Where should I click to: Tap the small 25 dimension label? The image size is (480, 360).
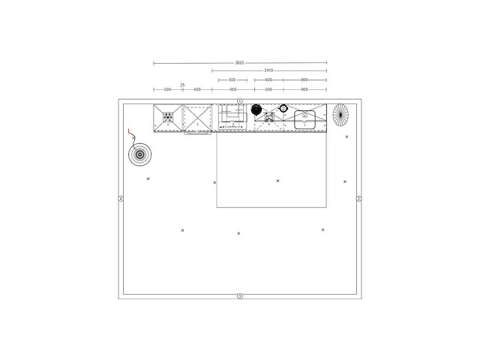pyautogui.click(x=182, y=85)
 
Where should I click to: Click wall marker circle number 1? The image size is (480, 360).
pyautogui.click(x=240, y=100)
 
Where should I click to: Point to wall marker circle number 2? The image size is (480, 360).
pyautogui.click(x=358, y=199)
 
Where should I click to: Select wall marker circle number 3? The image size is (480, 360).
pyautogui.click(x=240, y=296)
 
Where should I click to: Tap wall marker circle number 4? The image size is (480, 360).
pyautogui.click(x=121, y=199)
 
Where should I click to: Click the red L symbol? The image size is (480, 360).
pyautogui.click(x=130, y=133)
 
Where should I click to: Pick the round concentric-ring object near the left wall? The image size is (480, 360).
pyautogui.click(x=139, y=155)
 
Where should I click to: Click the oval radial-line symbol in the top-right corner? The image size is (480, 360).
pyautogui.click(x=341, y=115)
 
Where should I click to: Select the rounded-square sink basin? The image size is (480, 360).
pyautogui.click(x=305, y=118)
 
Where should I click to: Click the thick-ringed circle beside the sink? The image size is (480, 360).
pyautogui.click(x=283, y=109)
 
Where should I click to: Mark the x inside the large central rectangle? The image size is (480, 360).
pyautogui.click(x=277, y=181)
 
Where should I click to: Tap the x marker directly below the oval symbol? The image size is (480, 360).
pyautogui.click(x=346, y=136)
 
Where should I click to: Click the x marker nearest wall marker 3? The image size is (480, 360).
pyautogui.click(x=238, y=233)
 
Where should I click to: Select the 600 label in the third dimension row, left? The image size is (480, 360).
pyautogui.click(x=232, y=79)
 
